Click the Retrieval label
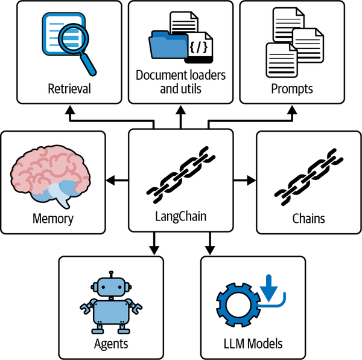[x=69, y=89]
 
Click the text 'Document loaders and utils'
[x=180, y=82]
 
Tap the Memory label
[x=52, y=218]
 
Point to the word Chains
[x=308, y=218]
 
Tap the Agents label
[x=111, y=344]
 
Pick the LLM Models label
[x=252, y=344]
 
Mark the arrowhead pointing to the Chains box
[x=252, y=179]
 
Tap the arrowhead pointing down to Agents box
[x=154, y=250]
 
